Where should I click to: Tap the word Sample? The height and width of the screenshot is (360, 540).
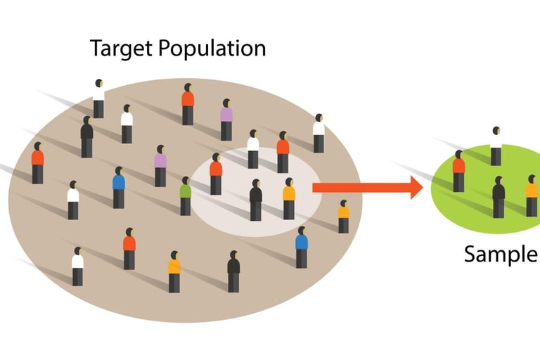500,255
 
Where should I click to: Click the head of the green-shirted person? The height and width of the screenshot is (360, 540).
186,180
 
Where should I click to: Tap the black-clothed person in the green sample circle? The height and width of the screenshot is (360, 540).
499,197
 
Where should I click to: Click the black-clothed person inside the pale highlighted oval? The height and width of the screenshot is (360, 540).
256,200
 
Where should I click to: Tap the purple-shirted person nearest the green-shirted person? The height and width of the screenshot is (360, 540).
160,166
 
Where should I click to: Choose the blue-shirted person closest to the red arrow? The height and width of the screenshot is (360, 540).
302,247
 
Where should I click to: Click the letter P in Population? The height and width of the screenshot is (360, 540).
165,49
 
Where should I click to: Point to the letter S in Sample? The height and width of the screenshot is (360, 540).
470,255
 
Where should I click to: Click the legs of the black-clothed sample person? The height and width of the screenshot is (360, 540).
499,208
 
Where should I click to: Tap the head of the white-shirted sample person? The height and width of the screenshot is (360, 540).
496,131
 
